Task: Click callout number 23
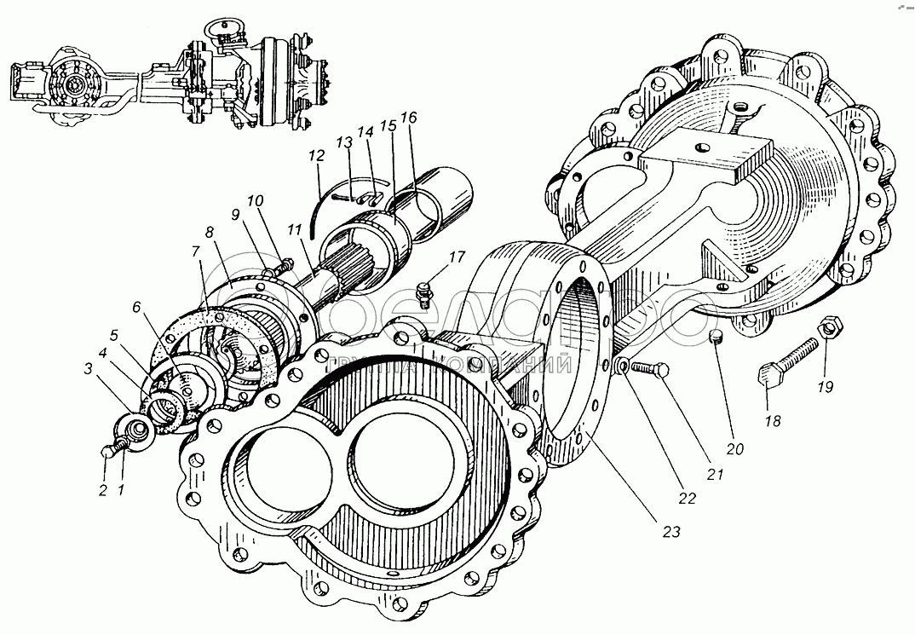click(671, 531)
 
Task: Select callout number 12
click(317, 157)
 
